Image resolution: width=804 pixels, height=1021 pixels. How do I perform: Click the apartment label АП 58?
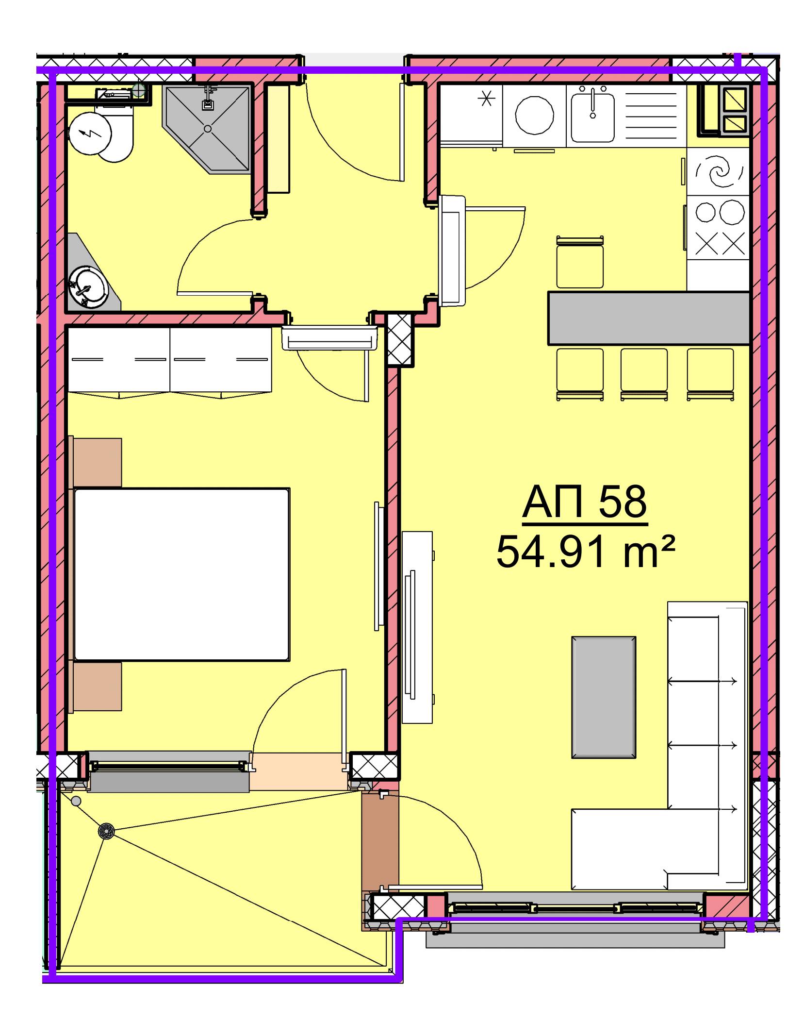pos(585,502)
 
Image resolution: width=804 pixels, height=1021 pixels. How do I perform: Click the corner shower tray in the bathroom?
pos(208,129)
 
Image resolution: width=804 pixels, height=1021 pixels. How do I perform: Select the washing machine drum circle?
pos(534,117)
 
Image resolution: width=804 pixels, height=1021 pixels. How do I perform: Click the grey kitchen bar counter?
pos(649,318)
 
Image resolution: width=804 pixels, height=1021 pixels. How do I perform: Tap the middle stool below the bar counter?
pos(644,374)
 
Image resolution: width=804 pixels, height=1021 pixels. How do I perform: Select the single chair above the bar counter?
pos(580,262)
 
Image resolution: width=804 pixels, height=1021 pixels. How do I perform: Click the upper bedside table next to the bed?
pos(98,462)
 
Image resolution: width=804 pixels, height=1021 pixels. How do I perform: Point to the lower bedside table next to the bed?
pos(98,686)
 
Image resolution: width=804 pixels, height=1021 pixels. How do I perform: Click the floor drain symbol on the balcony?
pos(106,831)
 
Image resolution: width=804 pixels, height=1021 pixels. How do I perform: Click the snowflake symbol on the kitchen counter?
pos(485,100)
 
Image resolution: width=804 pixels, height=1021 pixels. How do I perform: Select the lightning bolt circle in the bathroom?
pos(90,133)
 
